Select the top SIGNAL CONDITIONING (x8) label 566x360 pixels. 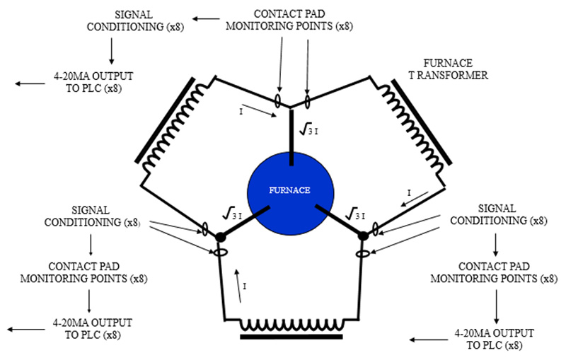coord(142,20)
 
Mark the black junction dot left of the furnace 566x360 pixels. coord(220,236)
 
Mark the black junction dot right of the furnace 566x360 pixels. coord(363,236)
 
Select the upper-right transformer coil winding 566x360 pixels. coord(410,127)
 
